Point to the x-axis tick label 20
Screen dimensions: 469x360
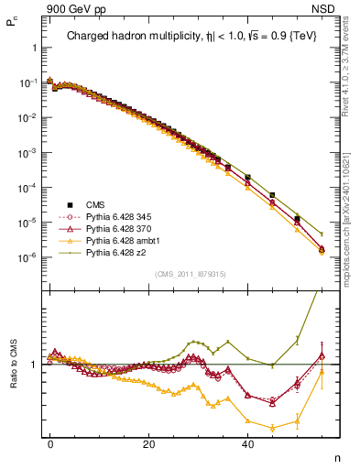[x=148, y=443]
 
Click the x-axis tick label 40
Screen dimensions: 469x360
[x=247, y=443]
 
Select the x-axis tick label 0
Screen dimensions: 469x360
[x=50, y=443]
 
